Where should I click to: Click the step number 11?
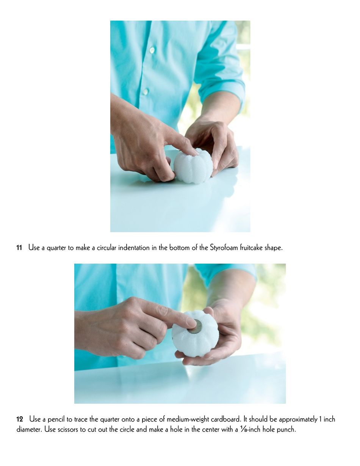(19, 248)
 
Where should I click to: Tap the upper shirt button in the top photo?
(152, 50)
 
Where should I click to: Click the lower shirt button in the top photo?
(146, 92)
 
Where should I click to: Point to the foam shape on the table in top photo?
(193, 166)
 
